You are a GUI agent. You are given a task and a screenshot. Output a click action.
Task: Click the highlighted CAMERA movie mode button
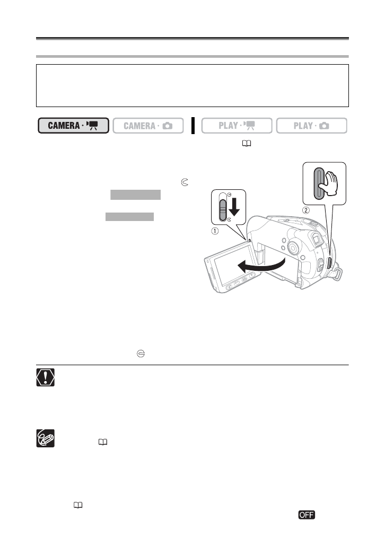click(73, 126)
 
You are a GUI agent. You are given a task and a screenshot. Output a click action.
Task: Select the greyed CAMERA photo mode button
click(148, 126)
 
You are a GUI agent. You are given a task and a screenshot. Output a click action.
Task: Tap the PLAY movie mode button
click(237, 126)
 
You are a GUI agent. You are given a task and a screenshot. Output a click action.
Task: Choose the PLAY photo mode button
click(311, 126)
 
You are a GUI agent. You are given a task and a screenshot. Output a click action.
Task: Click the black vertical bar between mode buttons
click(194, 126)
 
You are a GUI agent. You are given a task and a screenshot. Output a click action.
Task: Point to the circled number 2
click(305, 209)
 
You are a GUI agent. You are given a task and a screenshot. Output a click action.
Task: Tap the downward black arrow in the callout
click(234, 207)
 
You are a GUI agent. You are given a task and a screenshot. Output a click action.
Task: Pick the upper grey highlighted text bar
click(135, 195)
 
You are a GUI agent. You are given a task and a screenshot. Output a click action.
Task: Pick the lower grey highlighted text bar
click(130, 216)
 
